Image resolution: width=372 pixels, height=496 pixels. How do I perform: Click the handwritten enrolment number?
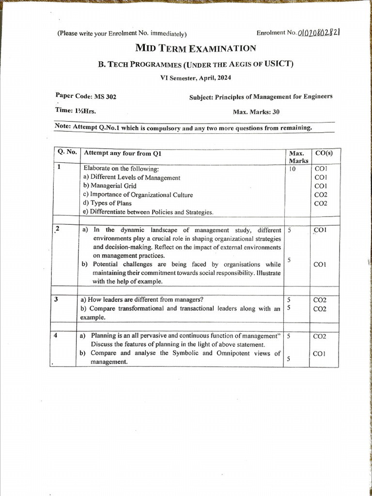318,32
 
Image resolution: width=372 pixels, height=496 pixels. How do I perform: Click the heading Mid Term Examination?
196,48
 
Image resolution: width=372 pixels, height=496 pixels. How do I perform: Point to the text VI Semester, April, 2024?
196,77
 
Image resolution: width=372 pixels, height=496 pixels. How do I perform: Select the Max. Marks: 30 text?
256,112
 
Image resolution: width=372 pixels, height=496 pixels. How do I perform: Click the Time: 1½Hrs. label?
76,110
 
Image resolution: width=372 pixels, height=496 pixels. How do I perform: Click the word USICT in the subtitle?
279,63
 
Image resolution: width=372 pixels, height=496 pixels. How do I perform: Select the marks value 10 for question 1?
291,169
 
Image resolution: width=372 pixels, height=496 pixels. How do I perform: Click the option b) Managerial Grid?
110,186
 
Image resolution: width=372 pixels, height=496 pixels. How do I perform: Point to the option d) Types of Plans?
107,203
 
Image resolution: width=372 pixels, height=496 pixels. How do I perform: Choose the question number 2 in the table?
58,229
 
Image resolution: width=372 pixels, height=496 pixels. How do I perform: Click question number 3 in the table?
57,299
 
